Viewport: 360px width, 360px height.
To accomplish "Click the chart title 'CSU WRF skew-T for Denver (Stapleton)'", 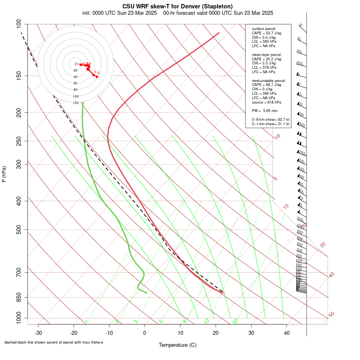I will [x=178, y=6].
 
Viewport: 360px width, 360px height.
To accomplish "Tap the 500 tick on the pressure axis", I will [x=18, y=230].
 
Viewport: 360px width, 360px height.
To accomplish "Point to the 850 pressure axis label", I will [x=18, y=297].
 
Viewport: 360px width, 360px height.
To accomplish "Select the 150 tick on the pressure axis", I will [x=18, y=76].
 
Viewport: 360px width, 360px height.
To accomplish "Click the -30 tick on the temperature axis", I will [x=38, y=333].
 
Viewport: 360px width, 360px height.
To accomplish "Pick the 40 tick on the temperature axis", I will [x=287, y=333].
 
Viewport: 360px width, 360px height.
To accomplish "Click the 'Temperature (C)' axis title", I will [x=178, y=345].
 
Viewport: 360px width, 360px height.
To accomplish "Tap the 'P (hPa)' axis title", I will [x=4, y=174].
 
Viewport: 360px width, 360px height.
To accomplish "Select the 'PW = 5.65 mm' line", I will [x=264, y=110].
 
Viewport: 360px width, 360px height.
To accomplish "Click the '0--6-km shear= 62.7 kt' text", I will [x=270, y=120].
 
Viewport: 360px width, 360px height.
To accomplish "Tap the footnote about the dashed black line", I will [x=54, y=342].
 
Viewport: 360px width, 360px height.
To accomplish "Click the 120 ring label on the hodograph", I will [x=76, y=103].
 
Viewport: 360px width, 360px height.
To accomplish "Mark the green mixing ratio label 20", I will [x=235, y=321].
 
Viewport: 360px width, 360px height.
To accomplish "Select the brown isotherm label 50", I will [x=331, y=315].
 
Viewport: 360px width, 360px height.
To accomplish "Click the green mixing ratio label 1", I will [x=87, y=321].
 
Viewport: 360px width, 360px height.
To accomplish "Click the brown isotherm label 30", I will [x=323, y=244].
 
